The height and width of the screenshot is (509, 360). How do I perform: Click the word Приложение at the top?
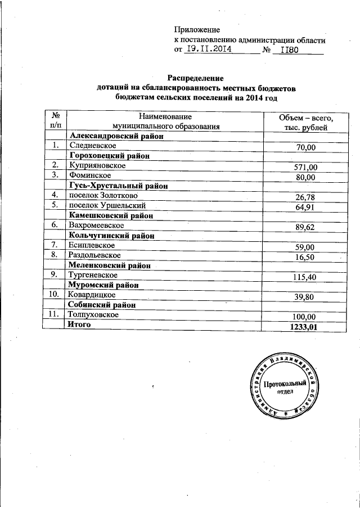(197, 29)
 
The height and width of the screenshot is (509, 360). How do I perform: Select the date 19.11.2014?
(209, 49)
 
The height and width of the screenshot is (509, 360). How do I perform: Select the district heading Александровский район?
(116, 136)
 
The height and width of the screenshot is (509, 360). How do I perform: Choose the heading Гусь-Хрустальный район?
(119, 186)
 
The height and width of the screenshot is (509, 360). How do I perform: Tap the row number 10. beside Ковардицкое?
(55, 294)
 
